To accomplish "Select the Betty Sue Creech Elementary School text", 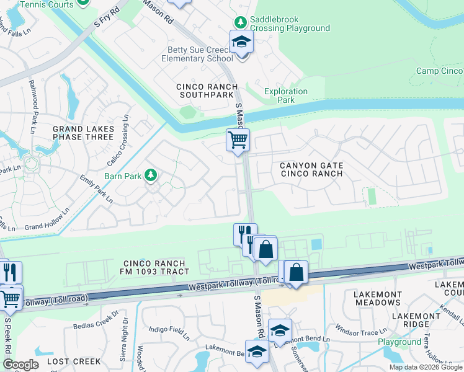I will [x=200, y=54].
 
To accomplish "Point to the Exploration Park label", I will [x=286, y=95].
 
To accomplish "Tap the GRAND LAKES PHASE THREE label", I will [x=83, y=134].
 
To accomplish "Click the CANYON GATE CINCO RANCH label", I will [x=311, y=169].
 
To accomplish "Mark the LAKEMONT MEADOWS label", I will [x=377, y=298].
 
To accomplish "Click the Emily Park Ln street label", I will [x=96, y=189].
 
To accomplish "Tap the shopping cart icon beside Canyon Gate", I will [x=238, y=140].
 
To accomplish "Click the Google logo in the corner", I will [x=20, y=365].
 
